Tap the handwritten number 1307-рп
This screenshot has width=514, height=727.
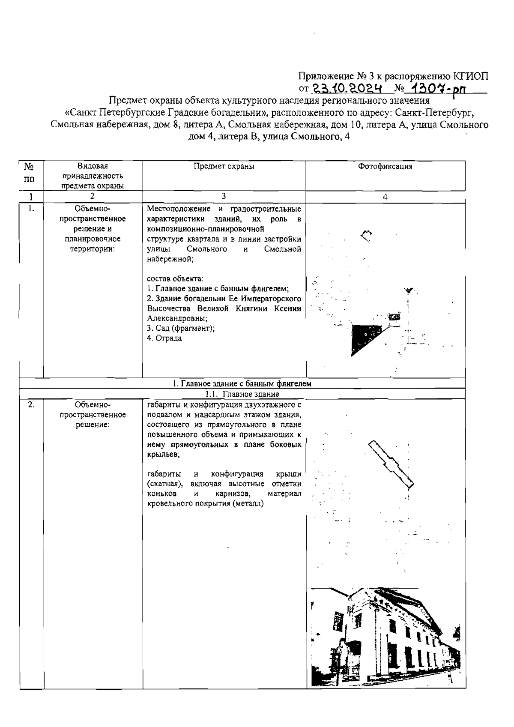tap(436, 88)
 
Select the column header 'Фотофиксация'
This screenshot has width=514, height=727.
tap(385, 167)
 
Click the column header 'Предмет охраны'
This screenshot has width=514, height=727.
tap(224, 167)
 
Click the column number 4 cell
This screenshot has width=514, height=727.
tap(385, 197)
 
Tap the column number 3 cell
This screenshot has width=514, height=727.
tap(224, 197)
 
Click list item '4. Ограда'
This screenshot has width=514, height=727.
tap(164, 338)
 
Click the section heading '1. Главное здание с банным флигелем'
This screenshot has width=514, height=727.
tap(242, 384)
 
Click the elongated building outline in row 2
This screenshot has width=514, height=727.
tap(391, 464)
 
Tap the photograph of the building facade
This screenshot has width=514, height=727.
tap(385, 637)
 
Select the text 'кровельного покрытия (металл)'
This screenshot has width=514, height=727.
tap(205, 504)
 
